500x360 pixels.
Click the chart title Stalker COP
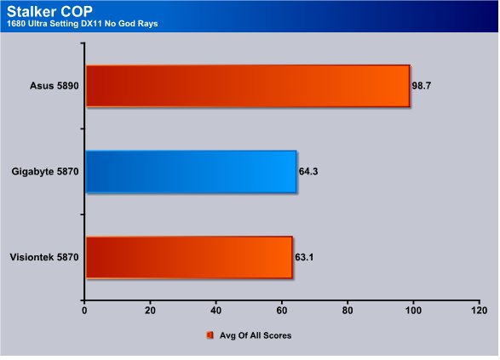click(x=49, y=11)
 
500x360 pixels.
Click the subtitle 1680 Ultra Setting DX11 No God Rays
click(x=83, y=24)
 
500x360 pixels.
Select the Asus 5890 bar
click(x=248, y=86)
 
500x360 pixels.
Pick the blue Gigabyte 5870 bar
click(x=191, y=172)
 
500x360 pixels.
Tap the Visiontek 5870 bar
click(x=189, y=257)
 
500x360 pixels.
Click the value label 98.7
click(x=422, y=86)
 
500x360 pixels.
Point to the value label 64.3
click(x=308, y=172)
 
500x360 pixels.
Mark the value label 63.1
click(x=304, y=257)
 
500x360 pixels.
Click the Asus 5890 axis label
click(x=55, y=86)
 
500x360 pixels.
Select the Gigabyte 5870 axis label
click(x=45, y=172)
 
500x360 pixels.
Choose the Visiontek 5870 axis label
click(x=44, y=257)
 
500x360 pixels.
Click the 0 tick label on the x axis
click(x=84, y=311)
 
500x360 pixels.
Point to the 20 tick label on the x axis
click(x=150, y=311)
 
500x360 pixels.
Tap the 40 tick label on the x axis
click(x=216, y=311)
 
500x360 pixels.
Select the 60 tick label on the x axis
click(x=282, y=311)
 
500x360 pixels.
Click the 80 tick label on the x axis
click(x=348, y=311)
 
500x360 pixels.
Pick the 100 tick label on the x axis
click(x=413, y=311)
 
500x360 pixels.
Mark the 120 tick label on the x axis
click(x=480, y=311)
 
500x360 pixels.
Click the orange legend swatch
click(x=210, y=335)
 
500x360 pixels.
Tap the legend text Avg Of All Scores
click(x=256, y=335)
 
